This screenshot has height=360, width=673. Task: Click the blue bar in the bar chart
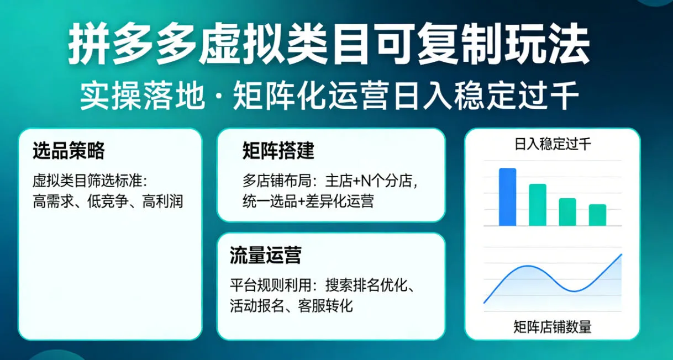[x=507, y=197]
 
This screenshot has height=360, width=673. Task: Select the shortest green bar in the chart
[x=597, y=215]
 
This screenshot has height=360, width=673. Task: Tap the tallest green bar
[x=538, y=205]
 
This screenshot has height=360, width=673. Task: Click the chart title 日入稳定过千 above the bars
[x=552, y=145]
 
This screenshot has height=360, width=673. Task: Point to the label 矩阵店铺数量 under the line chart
[x=552, y=327]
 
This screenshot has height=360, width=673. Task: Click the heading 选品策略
[x=69, y=151]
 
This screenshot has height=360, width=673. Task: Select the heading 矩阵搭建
[x=278, y=151]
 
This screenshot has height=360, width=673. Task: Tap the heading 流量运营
[x=265, y=256]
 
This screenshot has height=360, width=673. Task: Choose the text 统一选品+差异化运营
[x=308, y=201]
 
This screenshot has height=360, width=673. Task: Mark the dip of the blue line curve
[x=575, y=290]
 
